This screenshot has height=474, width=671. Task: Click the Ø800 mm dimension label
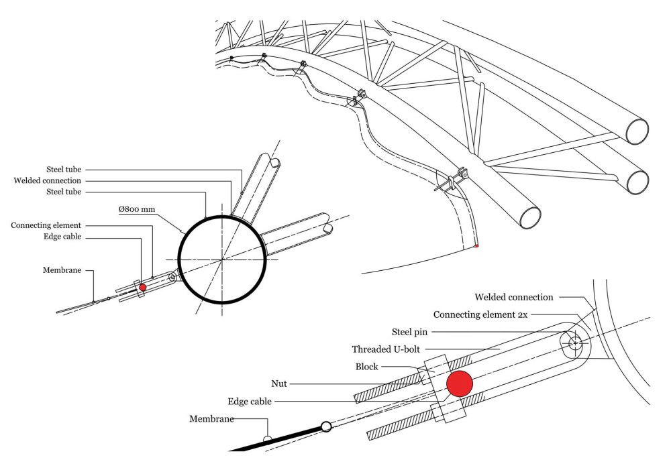137,209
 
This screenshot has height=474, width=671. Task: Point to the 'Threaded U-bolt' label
387,349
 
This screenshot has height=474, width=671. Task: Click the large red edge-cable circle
460,383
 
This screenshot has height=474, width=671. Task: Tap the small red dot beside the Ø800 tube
142,287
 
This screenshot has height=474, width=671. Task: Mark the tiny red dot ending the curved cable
476,247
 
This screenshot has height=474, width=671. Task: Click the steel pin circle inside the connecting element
574,343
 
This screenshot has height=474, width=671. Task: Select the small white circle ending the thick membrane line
326,426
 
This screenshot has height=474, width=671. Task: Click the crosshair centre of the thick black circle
222,259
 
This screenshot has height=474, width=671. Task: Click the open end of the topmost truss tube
637,131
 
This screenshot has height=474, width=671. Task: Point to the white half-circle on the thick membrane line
268,440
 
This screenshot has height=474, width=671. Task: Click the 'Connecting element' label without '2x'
46,225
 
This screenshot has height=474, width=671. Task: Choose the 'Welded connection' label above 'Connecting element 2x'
513,297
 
